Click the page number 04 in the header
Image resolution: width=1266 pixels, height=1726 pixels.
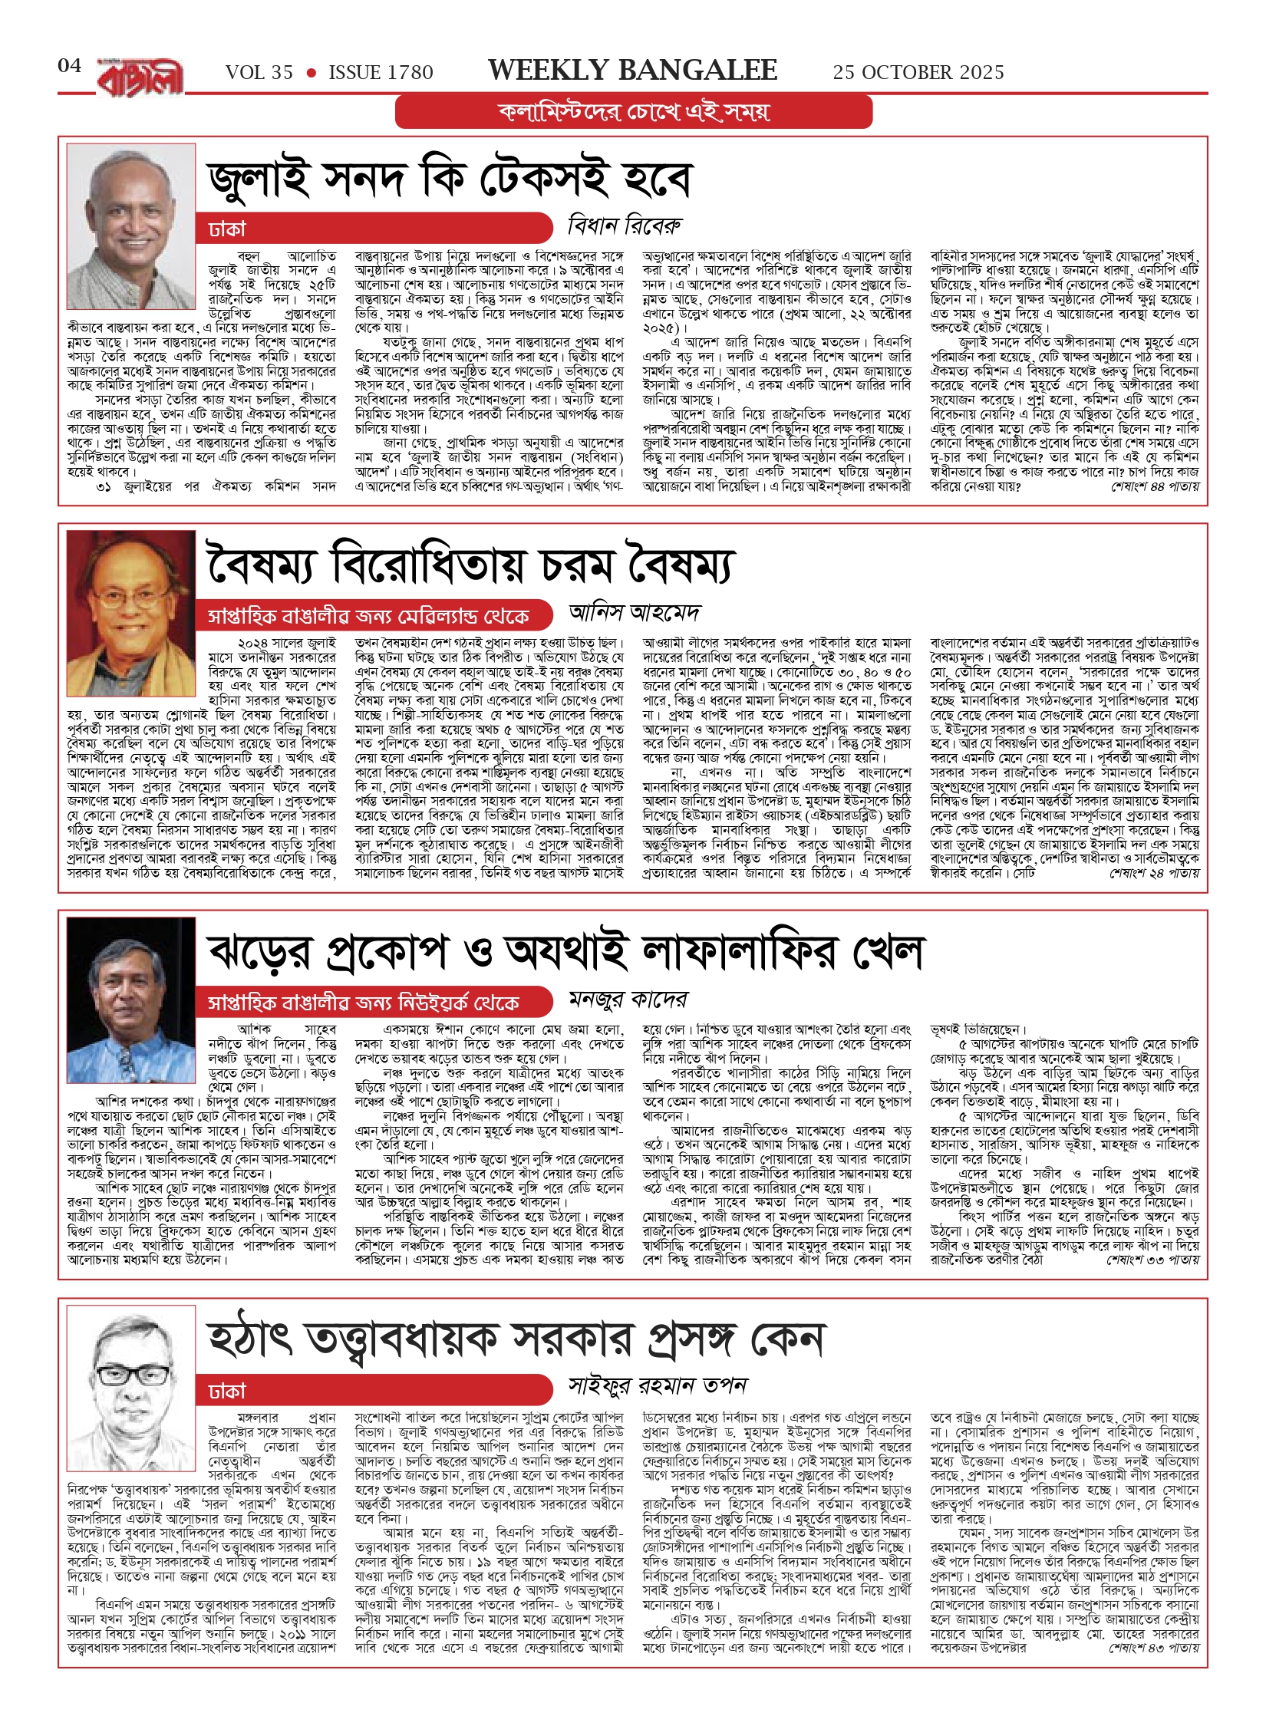coord(69,66)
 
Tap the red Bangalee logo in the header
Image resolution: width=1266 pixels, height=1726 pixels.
coord(140,77)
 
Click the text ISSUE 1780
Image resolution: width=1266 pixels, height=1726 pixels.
coord(381,73)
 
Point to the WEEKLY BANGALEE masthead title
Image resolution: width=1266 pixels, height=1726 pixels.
coord(632,71)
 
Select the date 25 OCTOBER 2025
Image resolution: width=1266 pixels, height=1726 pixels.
coord(918,73)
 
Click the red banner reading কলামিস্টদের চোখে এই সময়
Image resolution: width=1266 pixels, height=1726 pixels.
coord(634,112)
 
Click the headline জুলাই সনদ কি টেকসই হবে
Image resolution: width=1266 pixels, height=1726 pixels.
coord(450,179)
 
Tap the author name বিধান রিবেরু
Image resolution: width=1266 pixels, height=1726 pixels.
coord(624,226)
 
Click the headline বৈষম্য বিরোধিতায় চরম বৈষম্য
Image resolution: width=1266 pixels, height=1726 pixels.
coord(470,565)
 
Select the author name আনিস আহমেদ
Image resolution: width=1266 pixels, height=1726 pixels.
coord(635,613)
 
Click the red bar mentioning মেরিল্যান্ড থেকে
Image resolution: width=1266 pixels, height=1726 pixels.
coord(373,615)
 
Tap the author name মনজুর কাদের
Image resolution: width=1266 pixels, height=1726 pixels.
coord(628,1000)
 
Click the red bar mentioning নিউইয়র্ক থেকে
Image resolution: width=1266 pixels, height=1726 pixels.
coord(373,1002)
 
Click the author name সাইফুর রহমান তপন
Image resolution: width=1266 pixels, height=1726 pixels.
coord(658,1385)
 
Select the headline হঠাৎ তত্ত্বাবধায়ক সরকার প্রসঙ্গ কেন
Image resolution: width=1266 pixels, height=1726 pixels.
coord(515,1339)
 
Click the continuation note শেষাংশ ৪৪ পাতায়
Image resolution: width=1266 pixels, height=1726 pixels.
coord(1155,487)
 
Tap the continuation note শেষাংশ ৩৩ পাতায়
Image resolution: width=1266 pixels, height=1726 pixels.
coord(1152,1260)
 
